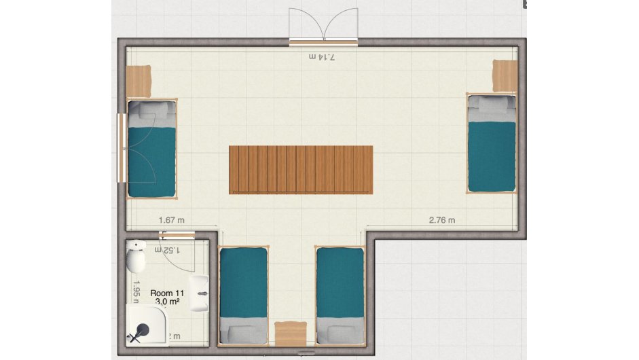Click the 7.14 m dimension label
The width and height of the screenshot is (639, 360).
coord(323,57)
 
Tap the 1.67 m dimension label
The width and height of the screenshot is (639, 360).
coord(172,220)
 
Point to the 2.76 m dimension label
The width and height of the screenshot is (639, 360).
coord(442,220)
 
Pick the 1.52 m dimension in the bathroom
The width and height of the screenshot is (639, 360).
coord(167,250)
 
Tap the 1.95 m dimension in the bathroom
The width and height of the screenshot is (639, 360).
coord(136,291)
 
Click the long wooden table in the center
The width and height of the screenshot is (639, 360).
coord(301,170)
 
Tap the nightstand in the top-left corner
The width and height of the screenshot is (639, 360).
coord(139,82)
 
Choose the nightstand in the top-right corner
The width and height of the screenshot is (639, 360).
coord(505,75)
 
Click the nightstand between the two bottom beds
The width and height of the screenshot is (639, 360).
coord(291,333)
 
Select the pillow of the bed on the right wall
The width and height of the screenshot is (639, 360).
coord(492,104)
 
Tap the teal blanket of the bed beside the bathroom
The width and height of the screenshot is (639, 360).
coord(243,285)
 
